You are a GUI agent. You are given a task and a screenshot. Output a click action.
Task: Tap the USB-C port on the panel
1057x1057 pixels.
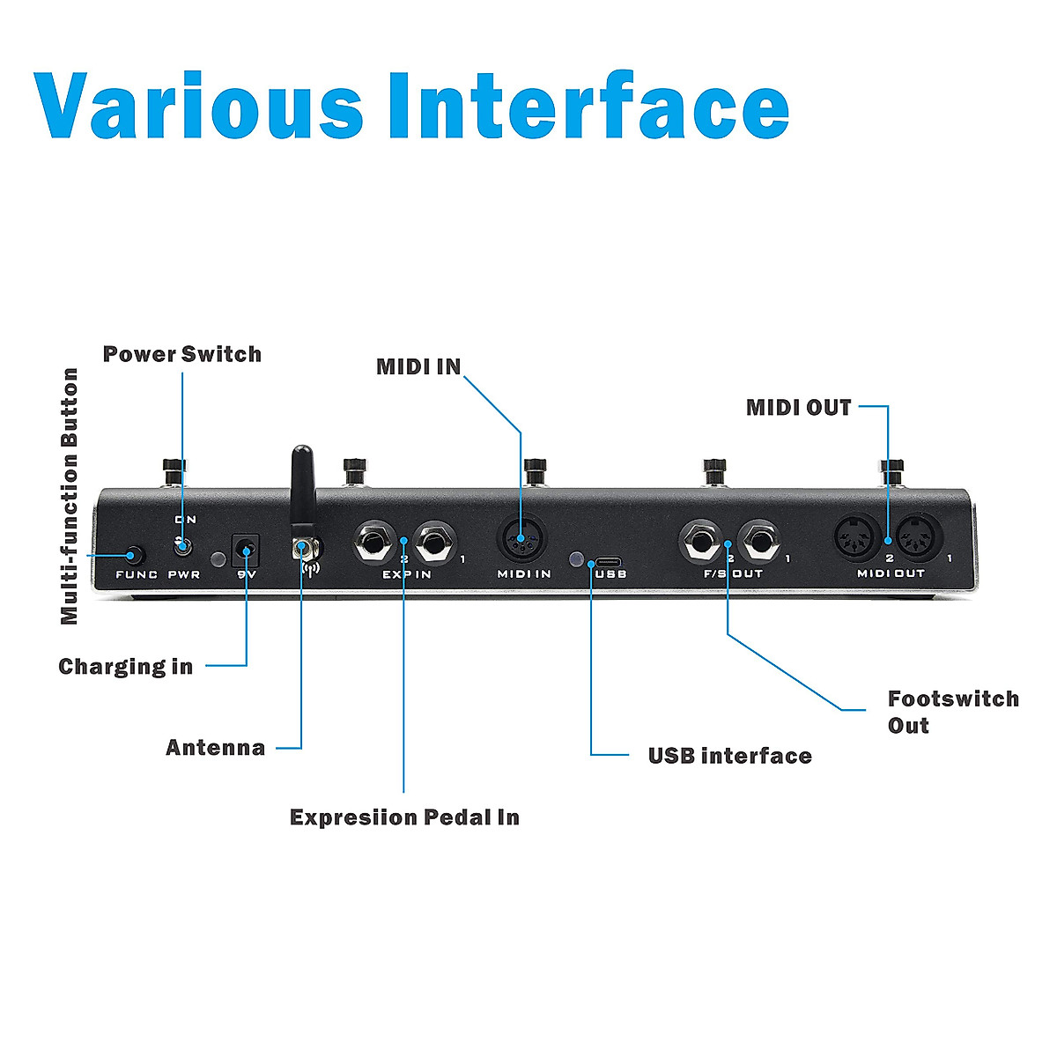click(x=609, y=561)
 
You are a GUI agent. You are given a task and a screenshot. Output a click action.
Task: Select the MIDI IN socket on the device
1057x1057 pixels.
click(x=521, y=539)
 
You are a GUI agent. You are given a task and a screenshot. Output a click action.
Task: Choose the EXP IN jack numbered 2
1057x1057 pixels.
click(x=373, y=543)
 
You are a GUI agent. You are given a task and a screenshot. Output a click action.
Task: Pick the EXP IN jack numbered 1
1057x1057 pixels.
click(x=435, y=543)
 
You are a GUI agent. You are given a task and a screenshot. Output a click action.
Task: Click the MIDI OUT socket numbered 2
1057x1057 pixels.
click(x=856, y=538)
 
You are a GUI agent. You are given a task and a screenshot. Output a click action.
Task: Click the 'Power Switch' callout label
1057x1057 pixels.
click(x=182, y=354)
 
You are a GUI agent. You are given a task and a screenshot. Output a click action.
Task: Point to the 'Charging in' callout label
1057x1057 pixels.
click(x=125, y=667)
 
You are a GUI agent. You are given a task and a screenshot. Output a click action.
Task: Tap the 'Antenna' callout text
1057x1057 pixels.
click(x=215, y=748)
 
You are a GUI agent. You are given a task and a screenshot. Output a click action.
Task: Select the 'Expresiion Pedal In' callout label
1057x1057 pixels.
click(x=404, y=817)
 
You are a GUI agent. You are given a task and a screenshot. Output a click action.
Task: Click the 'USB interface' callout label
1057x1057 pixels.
click(x=729, y=756)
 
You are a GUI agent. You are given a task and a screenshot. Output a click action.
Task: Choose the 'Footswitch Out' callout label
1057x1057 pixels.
click(x=952, y=712)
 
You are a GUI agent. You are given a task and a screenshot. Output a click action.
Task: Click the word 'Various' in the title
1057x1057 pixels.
click(x=198, y=106)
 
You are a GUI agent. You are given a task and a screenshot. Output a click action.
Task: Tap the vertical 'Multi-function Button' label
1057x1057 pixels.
click(x=70, y=496)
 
